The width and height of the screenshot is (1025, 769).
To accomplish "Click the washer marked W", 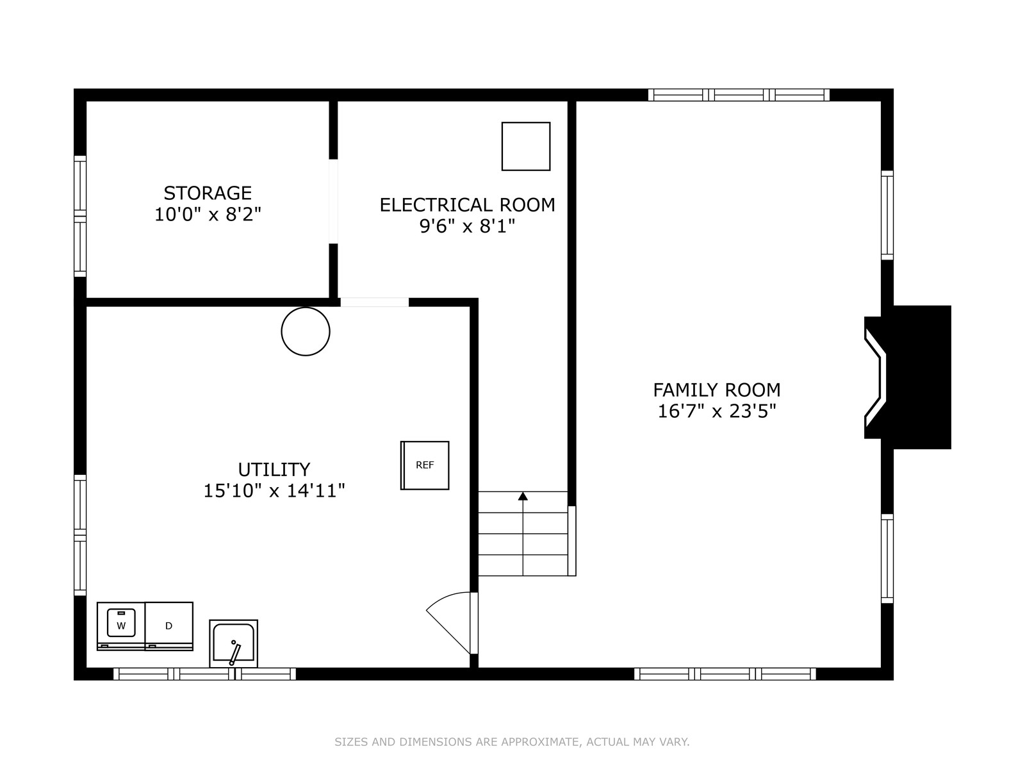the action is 121,625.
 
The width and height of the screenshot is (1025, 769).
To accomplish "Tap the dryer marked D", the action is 169,625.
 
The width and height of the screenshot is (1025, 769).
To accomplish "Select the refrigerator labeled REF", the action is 425,465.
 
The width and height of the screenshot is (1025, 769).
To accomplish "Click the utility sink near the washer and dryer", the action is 233,644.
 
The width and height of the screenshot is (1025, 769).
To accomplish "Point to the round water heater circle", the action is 306,331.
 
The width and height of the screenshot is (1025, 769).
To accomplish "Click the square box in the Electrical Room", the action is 526,146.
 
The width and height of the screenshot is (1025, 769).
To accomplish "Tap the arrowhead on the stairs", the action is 523,496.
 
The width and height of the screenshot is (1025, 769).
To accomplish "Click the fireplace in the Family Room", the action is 907,377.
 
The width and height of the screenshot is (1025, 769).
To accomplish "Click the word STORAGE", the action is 208,193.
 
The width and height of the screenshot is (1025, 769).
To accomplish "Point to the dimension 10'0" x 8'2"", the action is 208,214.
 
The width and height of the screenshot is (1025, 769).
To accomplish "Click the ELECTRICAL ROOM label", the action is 468,205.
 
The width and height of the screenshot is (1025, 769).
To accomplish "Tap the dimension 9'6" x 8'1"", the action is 468,226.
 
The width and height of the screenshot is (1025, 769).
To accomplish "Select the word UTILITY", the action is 274,469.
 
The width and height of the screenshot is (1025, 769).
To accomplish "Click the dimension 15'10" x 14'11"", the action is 274,491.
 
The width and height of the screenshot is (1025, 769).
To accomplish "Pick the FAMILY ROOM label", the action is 717,390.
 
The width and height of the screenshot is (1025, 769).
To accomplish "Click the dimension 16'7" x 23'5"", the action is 717,411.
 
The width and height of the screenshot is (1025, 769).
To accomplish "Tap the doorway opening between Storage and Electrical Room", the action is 333,201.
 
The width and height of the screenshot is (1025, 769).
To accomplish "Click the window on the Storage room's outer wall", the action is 80,216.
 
